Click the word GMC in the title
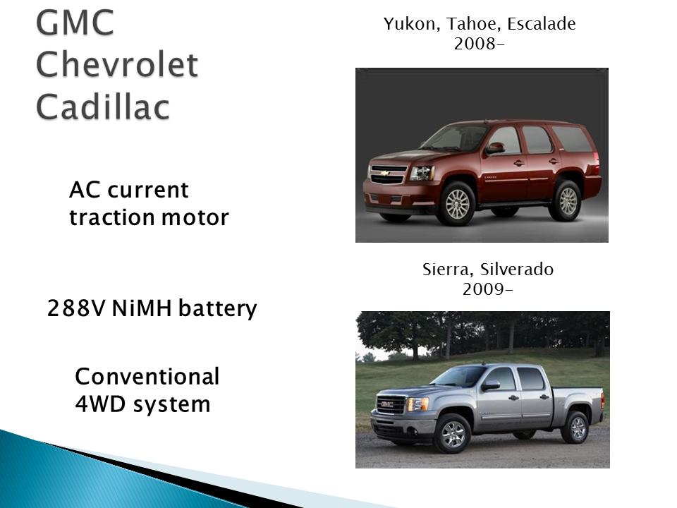coord(75,24)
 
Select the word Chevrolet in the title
coord(117,66)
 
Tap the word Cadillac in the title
coord(103,107)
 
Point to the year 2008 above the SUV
coord(477,43)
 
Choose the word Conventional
coord(147,377)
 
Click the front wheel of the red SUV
coord(456,203)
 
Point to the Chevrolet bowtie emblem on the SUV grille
coord(385,173)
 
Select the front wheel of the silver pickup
coord(452,433)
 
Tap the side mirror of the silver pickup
coord(490,385)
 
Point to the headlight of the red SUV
coord(422,173)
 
